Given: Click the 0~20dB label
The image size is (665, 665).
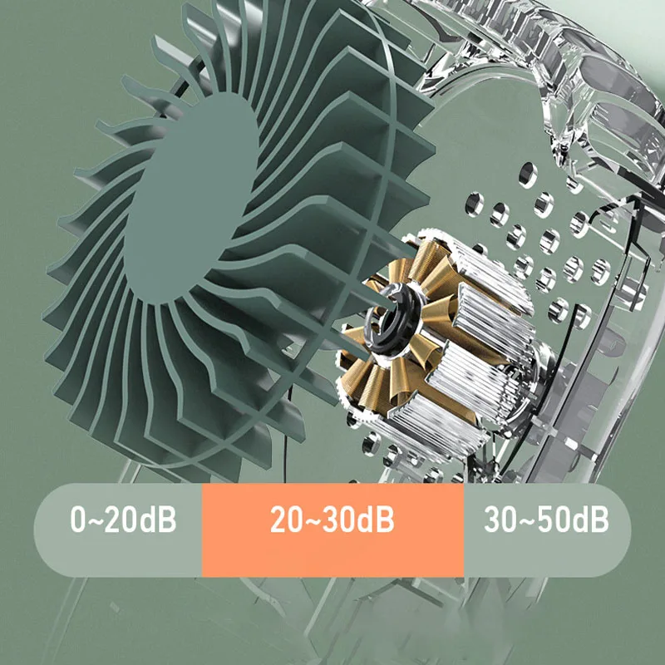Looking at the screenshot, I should (x=123, y=522).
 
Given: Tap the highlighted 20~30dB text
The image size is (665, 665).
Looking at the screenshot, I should (x=332, y=522).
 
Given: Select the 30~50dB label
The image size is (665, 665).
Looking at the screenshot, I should (x=546, y=522).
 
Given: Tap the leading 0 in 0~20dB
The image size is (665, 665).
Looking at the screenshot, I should (x=78, y=522).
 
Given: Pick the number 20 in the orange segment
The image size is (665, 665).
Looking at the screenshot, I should (x=286, y=522).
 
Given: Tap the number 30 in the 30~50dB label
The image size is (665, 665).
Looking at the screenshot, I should (x=502, y=522).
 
